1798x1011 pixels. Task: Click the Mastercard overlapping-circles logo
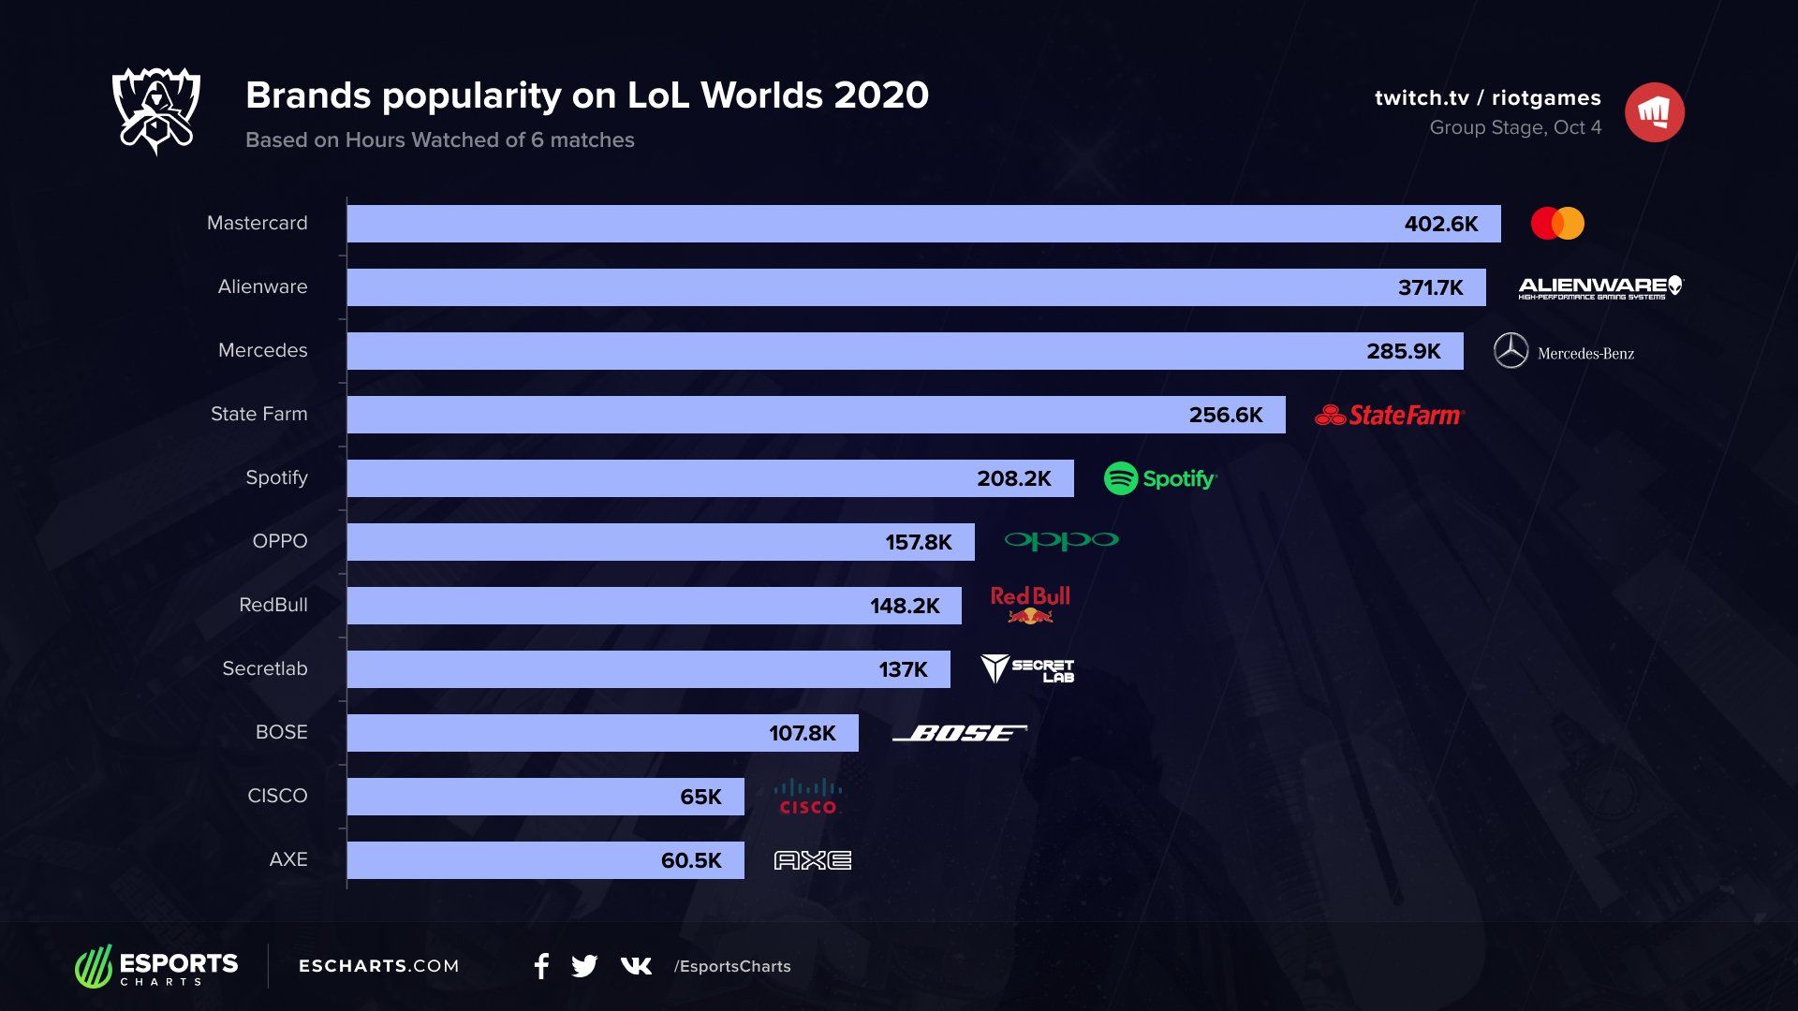[1557, 224]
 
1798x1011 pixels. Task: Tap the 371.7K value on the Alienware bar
[1430, 287]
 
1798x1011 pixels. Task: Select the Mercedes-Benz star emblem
[1511, 351]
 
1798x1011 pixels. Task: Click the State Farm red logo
[1389, 415]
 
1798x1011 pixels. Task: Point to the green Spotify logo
[1159, 478]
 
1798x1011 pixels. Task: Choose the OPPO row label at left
[279, 541]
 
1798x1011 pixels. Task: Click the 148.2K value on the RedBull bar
[904, 606]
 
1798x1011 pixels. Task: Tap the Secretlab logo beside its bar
[1026, 668]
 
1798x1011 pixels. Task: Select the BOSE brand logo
[960, 733]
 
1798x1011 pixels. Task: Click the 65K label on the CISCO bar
[700, 797]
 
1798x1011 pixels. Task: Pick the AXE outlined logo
[812, 860]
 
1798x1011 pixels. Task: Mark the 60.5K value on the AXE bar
[691, 860]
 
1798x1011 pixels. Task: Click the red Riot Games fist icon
[1654, 112]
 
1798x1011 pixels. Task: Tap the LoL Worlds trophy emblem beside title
[155, 110]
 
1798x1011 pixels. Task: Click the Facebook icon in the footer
[541, 966]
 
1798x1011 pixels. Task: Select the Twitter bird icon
[584, 966]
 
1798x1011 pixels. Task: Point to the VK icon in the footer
[636, 966]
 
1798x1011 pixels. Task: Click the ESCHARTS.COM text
[378, 966]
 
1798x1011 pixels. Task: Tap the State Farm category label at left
[258, 414]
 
